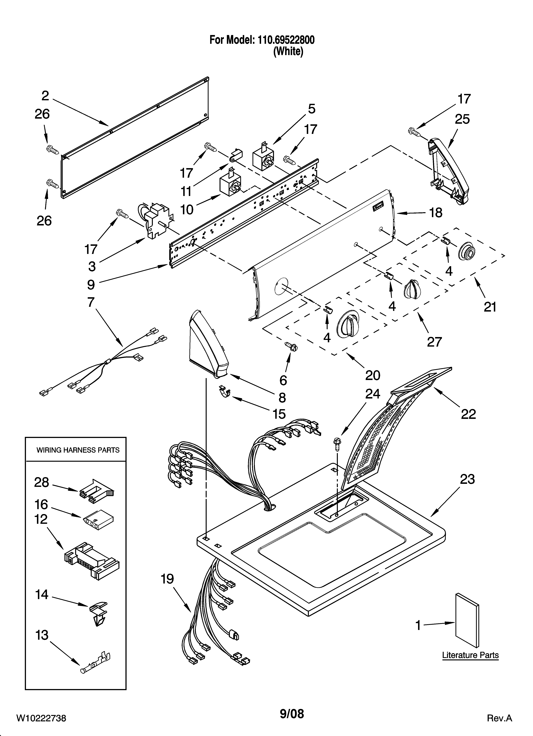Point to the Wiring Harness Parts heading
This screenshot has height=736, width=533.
78,450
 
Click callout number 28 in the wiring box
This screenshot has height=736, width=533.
42,483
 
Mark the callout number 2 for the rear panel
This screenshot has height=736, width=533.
45,96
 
